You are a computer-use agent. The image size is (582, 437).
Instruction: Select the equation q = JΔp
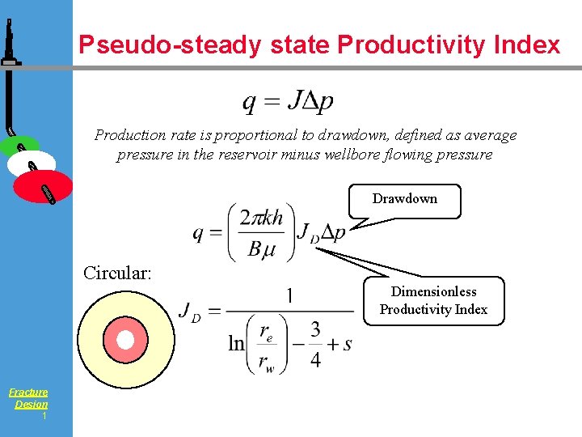click(x=288, y=102)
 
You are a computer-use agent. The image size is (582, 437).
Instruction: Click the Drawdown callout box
click(x=404, y=199)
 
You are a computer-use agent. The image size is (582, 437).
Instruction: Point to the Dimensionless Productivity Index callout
click(x=433, y=300)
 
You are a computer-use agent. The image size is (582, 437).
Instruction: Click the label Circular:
click(x=117, y=273)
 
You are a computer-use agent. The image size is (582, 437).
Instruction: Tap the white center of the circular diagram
click(x=125, y=341)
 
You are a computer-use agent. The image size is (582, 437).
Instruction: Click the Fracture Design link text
click(x=29, y=398)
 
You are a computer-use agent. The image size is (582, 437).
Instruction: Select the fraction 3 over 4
click(x=315, y=345)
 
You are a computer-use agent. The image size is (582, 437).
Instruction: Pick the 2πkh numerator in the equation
click(x=262, y=217)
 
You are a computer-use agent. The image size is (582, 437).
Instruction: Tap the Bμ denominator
click(x=262, y=249)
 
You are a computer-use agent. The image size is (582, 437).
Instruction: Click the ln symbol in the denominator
click(x=236, y=345)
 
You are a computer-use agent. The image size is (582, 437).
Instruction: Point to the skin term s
click(x=348, y=345)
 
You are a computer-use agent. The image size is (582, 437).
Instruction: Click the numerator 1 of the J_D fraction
click(x=289, y=295)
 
